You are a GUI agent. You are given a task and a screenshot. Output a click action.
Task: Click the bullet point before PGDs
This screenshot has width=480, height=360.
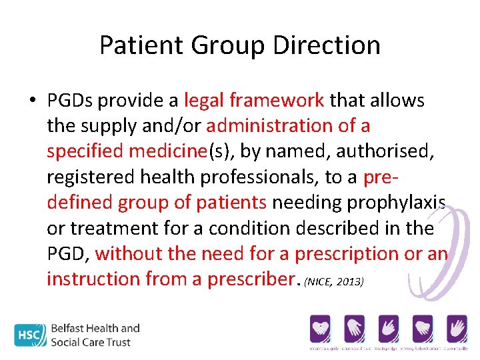tap(33, 101)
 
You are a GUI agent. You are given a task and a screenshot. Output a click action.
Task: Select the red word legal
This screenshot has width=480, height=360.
tap(205, 101)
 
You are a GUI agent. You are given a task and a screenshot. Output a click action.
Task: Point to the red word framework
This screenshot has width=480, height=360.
tap(277, 101)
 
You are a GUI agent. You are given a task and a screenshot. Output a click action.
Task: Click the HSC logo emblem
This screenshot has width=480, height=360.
tap(31, 335)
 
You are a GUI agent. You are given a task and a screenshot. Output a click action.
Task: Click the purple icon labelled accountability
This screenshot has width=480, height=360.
tap(457, 329)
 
